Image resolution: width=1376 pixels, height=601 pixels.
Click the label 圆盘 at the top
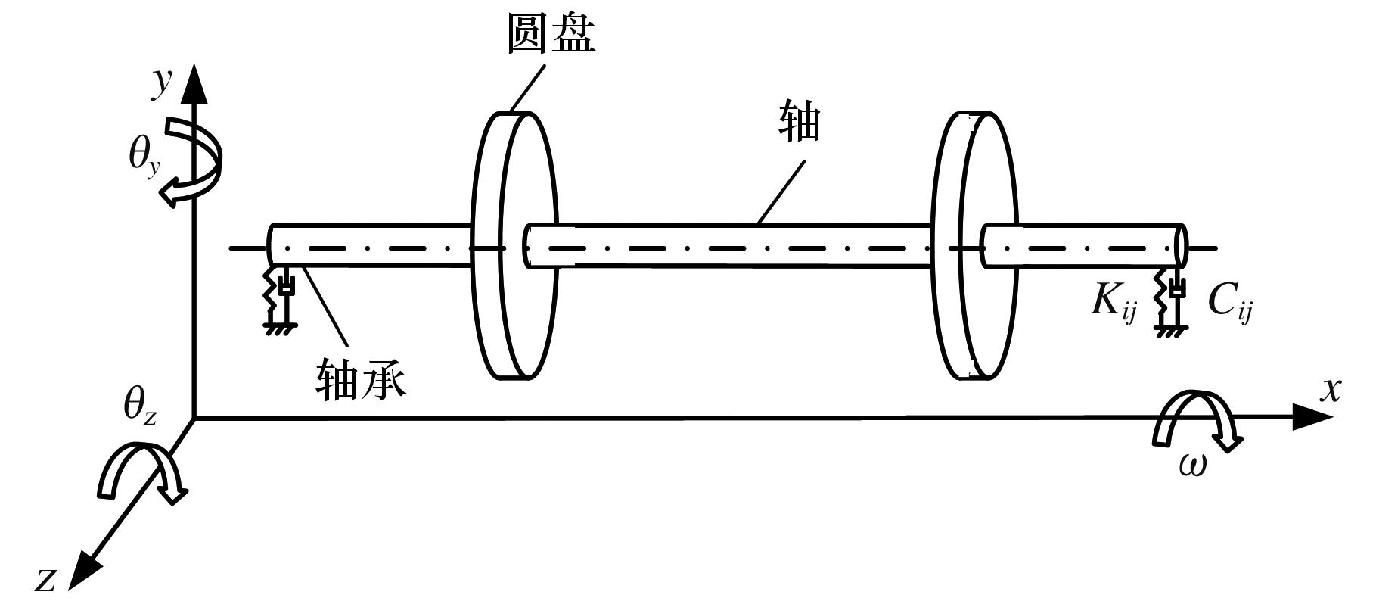[x=551, y=35]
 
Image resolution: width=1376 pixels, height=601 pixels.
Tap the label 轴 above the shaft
[x=800, y=123]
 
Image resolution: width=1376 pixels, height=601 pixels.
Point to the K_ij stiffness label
[x=1114, y=301]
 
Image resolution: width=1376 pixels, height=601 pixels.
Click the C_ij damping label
[x=1228, y=301]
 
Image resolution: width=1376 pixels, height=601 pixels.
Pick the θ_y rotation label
[x=144, y=157]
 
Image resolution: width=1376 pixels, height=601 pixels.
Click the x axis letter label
[x=1331, y=389]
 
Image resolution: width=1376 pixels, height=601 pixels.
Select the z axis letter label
[x=47, y=579]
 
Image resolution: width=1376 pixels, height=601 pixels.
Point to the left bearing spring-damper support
[x=279, y=298]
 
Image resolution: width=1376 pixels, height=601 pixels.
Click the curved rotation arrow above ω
[x=1194, y=420]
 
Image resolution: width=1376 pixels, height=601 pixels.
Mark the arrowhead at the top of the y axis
[x=194, y=83]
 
